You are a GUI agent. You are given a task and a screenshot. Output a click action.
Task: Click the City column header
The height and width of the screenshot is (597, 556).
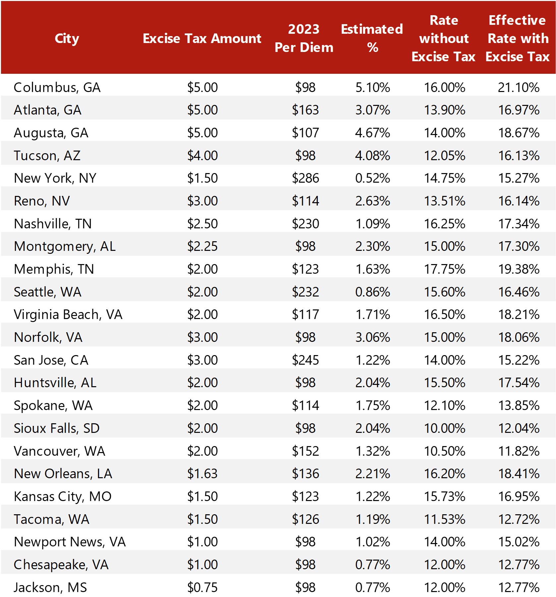pyautogui.click(x=67, y=38)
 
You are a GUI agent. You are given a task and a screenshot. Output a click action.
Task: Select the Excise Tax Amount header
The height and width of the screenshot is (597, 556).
pyautogui.click(x=202, y=38)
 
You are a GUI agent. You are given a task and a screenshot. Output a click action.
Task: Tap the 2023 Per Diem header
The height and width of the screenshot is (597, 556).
pyautogui.click(x=304, y=38)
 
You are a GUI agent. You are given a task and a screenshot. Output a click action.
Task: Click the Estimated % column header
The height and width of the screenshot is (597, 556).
pyautogui.click(x=372, y=38)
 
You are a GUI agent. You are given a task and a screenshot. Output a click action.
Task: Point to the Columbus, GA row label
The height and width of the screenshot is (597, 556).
pyautogui.click(x=57, y=87)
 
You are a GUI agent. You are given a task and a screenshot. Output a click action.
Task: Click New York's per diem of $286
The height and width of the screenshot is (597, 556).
pyautogui.click(x=305, y=178)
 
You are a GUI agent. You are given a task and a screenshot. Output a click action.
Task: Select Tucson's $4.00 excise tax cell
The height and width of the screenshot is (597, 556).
pyautogui.click(x=202, y=156)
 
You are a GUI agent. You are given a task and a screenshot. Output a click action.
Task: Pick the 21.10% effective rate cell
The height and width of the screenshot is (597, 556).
pyautogui.click(x=519, y=87)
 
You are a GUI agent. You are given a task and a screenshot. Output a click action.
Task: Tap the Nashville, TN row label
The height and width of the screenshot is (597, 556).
pyautogui.click(x=53, y=224)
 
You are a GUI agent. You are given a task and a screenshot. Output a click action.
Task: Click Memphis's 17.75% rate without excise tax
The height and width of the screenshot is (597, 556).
pyautogui.click(x=445, y=269)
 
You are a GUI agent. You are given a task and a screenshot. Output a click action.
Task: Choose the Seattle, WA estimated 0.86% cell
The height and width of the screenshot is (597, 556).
pyautogui.click(x=372, y=292)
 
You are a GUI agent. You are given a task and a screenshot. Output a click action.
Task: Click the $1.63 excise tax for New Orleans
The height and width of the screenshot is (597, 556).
pyautogui.click(x=202, y=474)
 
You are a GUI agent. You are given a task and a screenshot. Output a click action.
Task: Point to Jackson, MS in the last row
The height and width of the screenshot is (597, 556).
pyautogui.click(x=50, y=587)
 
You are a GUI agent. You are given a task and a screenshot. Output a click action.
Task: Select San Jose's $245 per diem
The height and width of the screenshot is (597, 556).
pyautogui.click(x=305, y=360)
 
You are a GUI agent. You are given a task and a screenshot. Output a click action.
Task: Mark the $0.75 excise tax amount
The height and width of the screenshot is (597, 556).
pyautogui.click(x=202, y=587)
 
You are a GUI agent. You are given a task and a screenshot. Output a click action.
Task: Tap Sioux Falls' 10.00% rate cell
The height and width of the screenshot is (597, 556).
pyautogui.click(x=445, y=428)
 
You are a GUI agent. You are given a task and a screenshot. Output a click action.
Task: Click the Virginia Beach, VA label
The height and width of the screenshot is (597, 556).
pyautogui.click(x=68, y=314)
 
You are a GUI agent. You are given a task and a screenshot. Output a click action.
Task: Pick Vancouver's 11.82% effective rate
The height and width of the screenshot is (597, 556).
pyautogui.click(x=519, y=451)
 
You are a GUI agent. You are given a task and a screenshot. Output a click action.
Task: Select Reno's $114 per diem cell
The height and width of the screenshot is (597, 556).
pyautogui.click(x=305, y=201)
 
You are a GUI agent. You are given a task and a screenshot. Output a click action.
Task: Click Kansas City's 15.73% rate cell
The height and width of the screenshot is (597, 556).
pyautogui.click(x=445, y=496)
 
